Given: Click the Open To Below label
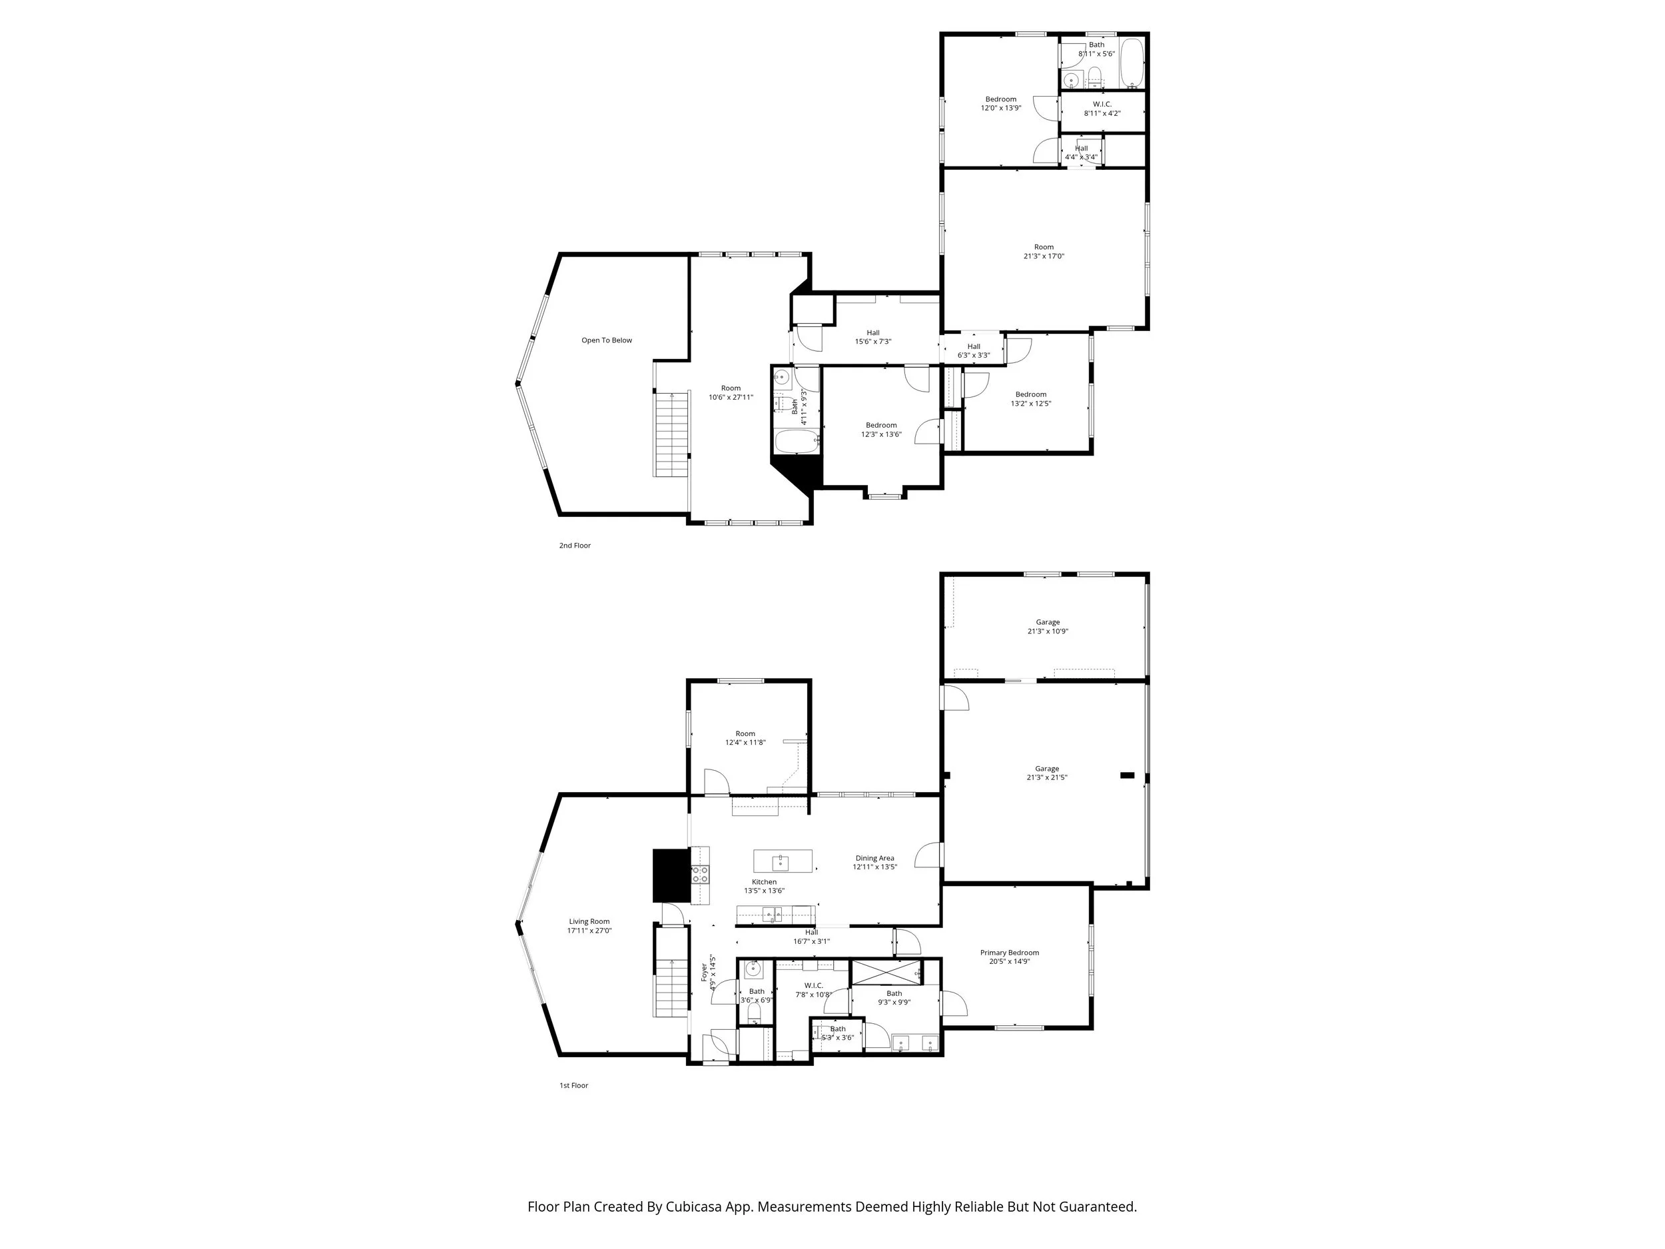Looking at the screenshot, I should [606, 340].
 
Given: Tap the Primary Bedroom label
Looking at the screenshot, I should [1010, 953].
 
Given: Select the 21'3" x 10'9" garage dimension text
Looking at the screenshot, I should [1047, 631].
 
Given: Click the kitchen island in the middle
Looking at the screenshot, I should [783, 861].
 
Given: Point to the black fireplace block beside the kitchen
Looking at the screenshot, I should [671, 875].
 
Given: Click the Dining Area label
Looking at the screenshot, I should [874, 858].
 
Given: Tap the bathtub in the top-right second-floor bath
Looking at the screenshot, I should [1132, 63].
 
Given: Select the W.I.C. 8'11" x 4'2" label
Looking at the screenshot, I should [1102, 109].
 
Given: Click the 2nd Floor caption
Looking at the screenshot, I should [574, 546].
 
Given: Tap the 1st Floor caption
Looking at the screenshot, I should [573, 1086].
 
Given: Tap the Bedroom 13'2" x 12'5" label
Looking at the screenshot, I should [1030, 399].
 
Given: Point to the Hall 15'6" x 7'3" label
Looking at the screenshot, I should [872, 337].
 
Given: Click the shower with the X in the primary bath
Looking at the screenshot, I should [885, 973].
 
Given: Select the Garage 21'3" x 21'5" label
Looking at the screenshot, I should [1046, 773].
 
